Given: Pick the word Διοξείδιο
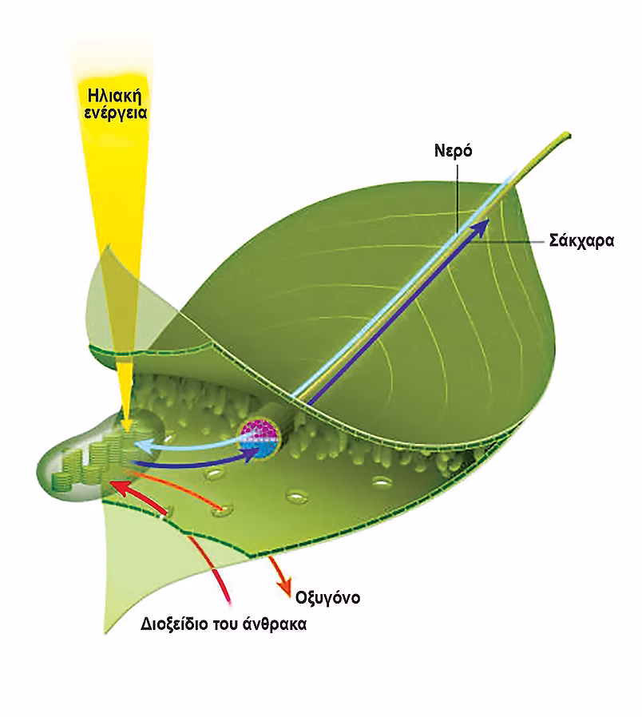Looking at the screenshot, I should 175,625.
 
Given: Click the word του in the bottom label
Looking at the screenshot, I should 226,625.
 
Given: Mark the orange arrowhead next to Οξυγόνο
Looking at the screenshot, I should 285,587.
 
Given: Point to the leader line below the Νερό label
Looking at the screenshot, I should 457,200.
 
